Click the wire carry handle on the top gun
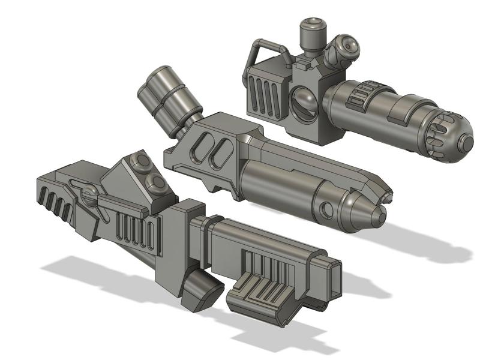265,45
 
